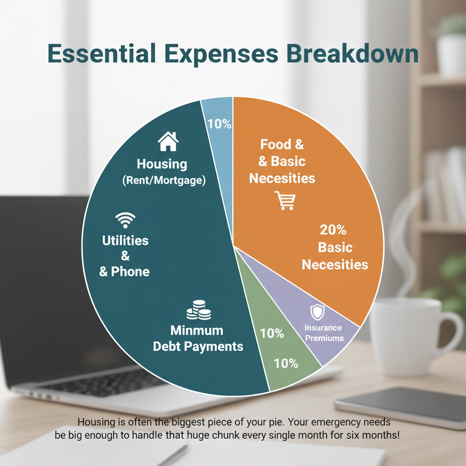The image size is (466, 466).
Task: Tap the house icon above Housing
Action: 168,142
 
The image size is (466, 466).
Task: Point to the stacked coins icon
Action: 199,310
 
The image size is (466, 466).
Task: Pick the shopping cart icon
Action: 285,200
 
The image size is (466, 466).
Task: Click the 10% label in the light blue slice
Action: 219,123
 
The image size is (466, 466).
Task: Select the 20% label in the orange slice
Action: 333,230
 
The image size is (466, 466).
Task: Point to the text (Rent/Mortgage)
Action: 164,181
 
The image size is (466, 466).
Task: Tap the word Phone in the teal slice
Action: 130,272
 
